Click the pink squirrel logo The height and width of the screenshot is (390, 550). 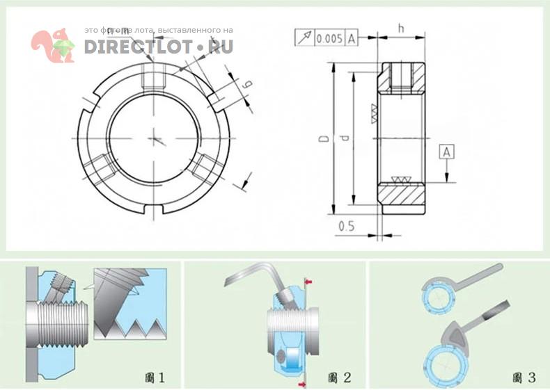(53, 46)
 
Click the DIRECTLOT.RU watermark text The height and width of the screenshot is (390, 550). (159, 47)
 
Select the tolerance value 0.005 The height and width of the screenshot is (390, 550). (329, 39)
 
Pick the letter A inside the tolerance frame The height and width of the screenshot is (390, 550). (352, 39)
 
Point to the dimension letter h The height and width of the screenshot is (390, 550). (401, 27)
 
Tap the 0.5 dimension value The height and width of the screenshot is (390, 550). (346, 227)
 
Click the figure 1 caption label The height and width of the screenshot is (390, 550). (155, 378)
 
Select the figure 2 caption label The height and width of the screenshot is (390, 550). (339, 378)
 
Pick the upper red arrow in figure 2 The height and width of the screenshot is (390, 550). (308, 282)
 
